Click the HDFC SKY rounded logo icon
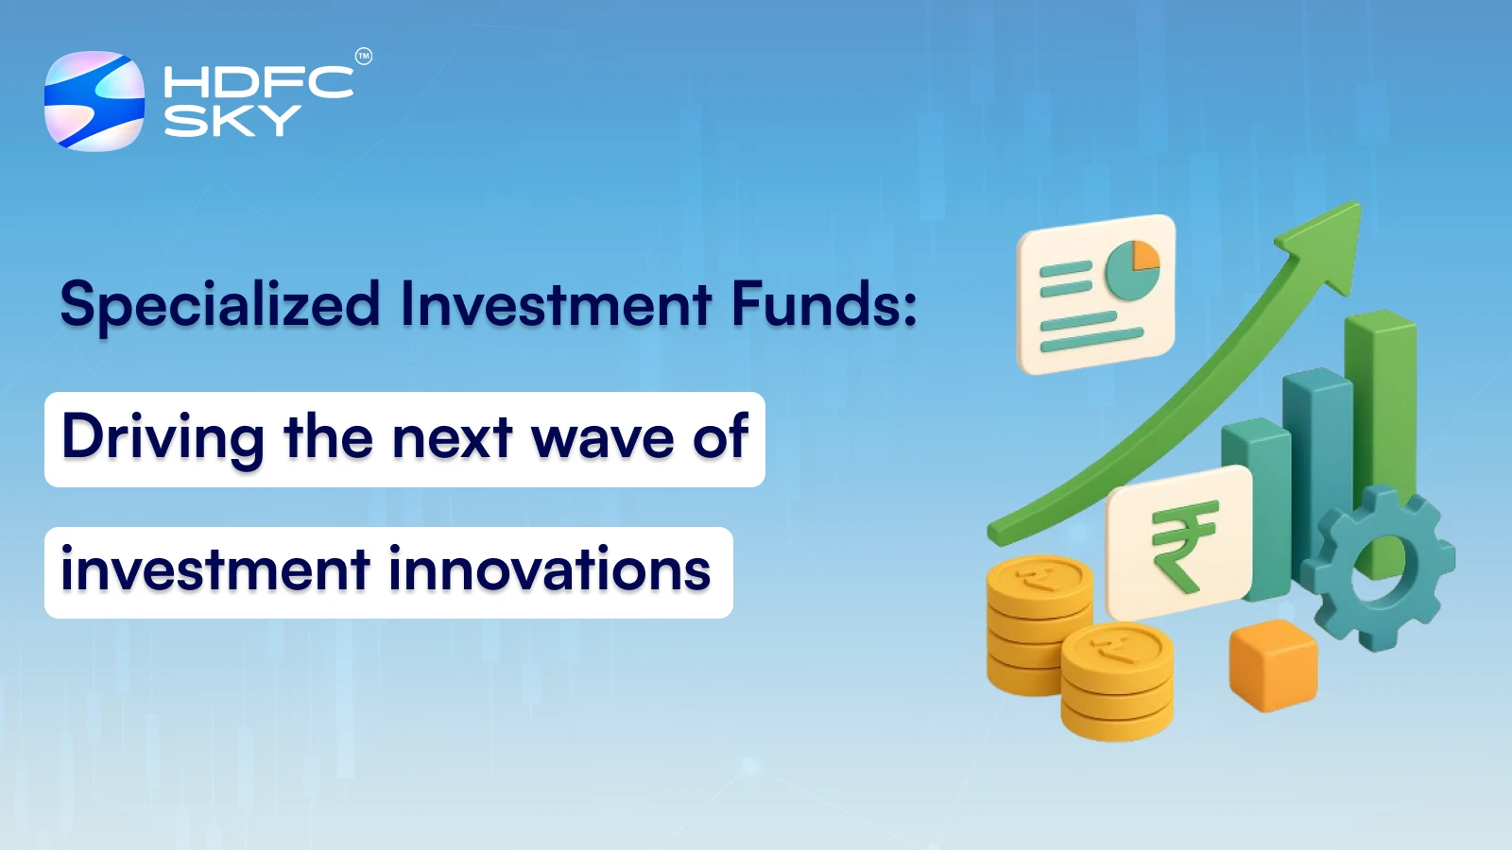(94, 101)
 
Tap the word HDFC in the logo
(258, 82)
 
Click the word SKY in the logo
(232, 121)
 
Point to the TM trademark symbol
(364, 57)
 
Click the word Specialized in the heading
(219, 306)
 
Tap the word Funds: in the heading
(824, 304)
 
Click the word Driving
(163, 438)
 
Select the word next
(452, 439)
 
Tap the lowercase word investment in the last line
(215, 570)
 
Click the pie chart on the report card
(1132, 269)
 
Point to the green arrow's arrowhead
(1327, 242)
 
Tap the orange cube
(1273, 665)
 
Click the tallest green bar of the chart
(1382, 397)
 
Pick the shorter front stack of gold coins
(1117, 682)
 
